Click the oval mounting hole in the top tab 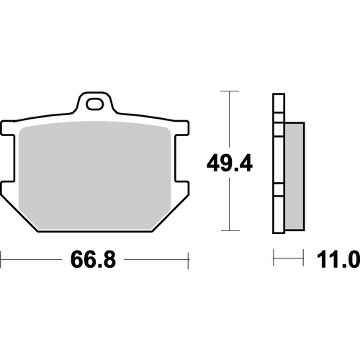(94, 104)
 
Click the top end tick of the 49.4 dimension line (229, 92)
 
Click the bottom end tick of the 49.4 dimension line (229, 232)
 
